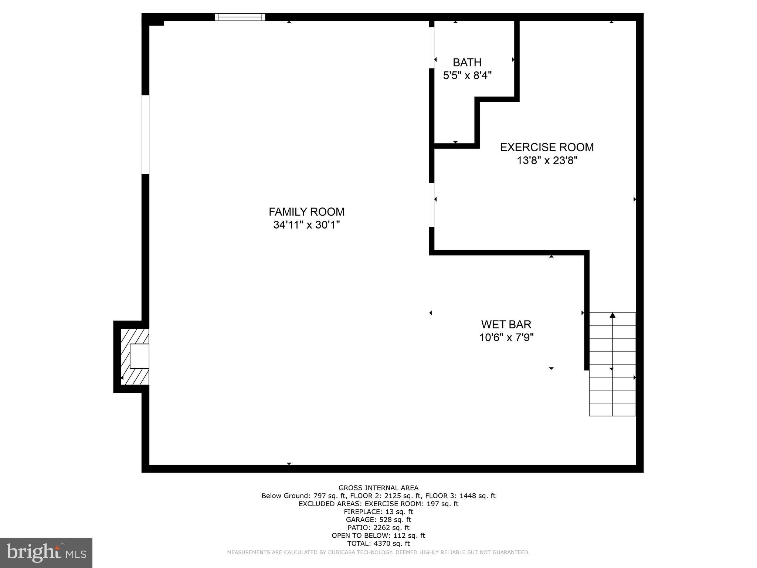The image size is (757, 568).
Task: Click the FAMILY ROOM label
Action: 306,212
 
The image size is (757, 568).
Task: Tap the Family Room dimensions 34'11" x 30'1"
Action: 306,225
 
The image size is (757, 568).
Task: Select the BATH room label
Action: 467,62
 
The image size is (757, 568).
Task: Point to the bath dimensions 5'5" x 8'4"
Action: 467,75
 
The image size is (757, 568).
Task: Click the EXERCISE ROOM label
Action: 547,147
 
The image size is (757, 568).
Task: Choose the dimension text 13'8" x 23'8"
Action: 547,160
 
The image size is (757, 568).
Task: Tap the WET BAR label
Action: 506,324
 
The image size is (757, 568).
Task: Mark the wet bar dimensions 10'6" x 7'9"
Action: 506,338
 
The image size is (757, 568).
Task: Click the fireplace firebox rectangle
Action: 139,356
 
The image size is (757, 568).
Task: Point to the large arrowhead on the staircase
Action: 612,315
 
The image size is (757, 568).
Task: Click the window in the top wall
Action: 240,17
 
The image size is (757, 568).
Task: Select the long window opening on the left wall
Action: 145,134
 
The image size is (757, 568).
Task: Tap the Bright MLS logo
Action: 46,552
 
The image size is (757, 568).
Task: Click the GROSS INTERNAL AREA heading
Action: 378,488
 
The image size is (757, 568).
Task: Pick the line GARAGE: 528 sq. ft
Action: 378,520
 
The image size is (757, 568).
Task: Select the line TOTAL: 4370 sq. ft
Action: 378,543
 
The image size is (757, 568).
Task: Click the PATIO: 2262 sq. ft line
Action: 378,527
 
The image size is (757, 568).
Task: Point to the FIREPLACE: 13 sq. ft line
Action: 378,512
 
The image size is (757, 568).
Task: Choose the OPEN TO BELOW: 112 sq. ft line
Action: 378,535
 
